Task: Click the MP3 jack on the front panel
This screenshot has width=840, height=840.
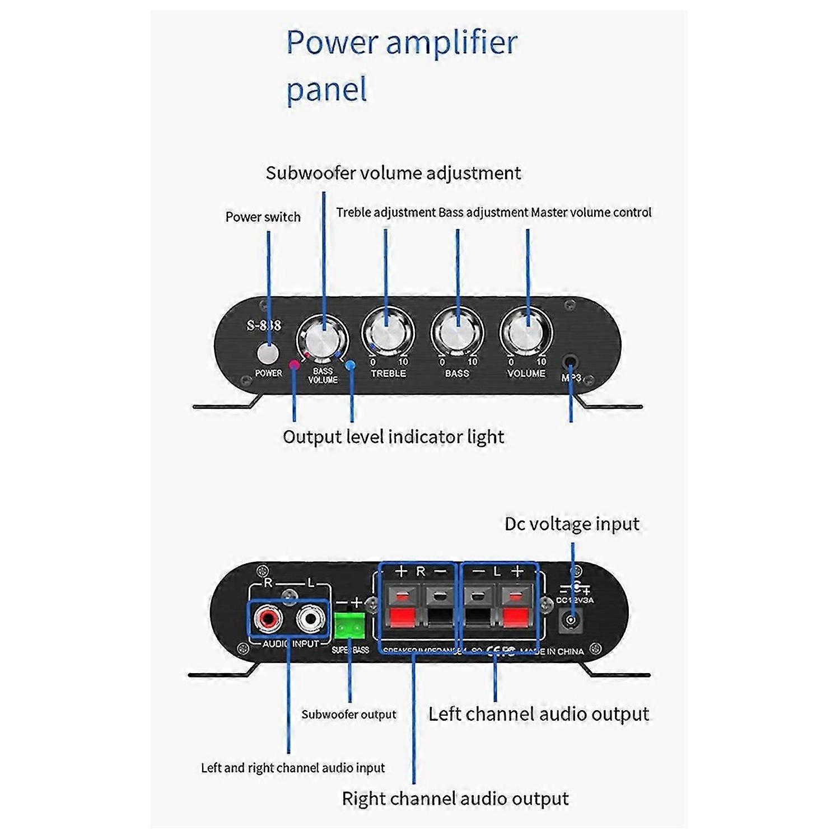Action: point(571,362)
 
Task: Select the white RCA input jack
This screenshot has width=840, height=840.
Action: point(310,619)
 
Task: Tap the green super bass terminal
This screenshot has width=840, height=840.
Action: point(349,626)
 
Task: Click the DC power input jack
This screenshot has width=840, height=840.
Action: point(571,620)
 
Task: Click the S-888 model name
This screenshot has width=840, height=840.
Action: point(264,325)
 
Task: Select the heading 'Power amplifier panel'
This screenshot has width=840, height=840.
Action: point(401,66)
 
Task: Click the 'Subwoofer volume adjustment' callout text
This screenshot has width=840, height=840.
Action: point(393,173)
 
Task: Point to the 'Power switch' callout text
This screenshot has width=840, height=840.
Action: point(263,217)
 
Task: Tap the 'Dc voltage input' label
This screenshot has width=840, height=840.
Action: point(572,524)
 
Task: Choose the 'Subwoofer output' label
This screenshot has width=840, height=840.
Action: point(348,715)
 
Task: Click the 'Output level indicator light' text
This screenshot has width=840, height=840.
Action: point(393,437)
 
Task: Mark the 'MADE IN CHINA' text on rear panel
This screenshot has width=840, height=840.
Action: point(552,651)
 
